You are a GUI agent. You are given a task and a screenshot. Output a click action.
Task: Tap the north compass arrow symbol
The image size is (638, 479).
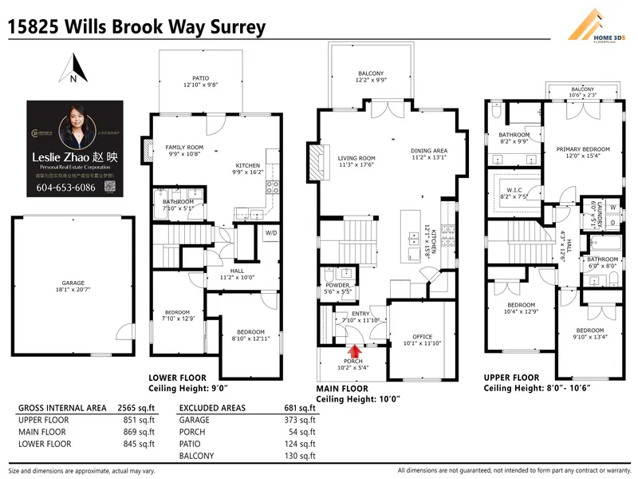[x=73, y=67]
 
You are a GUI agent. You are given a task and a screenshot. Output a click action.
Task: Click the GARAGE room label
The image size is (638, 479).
[x=73, y=283]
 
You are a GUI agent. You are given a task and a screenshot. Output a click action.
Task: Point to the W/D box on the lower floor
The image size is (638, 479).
[x=272, y=233]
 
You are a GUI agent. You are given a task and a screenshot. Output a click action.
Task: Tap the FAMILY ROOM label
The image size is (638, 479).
[x=184, y=148]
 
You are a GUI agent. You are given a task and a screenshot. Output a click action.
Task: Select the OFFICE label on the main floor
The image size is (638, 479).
[x=422, y=337]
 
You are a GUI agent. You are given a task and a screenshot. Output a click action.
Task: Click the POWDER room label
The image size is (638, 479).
[x=337, y=286]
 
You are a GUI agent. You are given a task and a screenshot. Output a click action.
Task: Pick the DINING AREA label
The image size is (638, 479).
[x=429, y=151]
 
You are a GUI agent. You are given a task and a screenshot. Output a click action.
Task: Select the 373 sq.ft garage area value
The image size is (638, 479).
[x=301, y=419]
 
